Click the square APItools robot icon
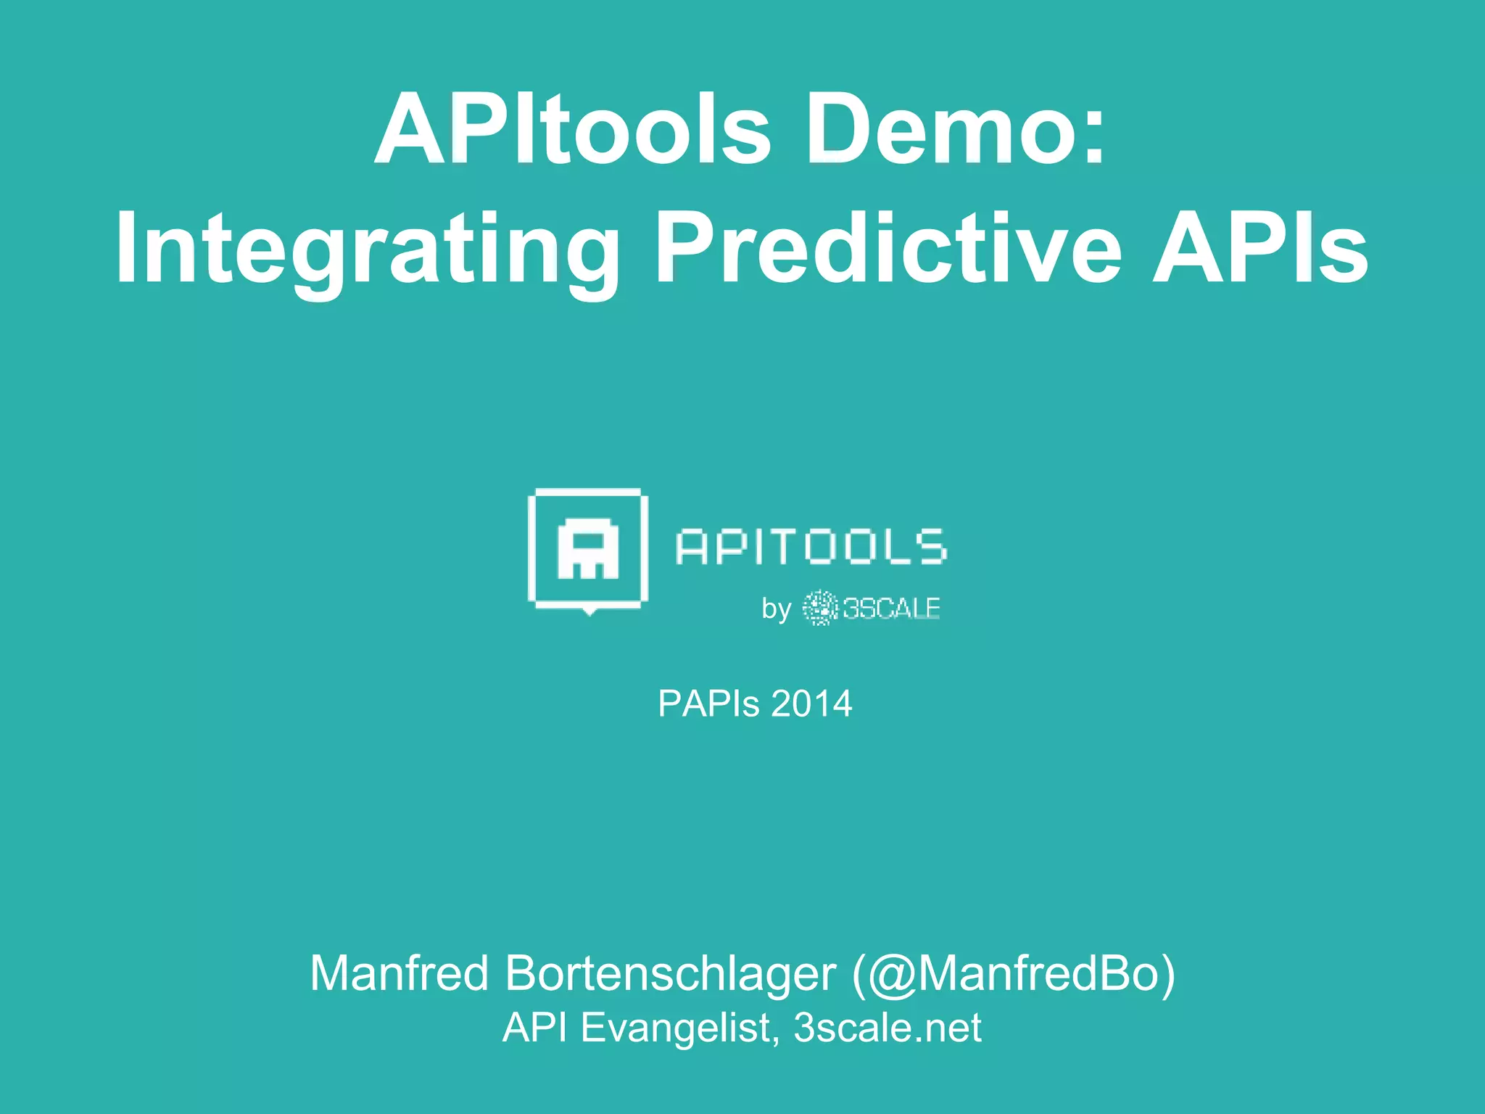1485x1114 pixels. click(x=588, y=549)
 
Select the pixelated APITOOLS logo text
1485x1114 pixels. click(x=811, y=547)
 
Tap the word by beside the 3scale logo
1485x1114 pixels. click(x=776, y=608)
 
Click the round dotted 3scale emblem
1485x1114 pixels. click(x=820, y=608)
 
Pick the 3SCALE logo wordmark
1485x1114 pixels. click(x=891, y=608)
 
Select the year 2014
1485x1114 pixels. click(x=811, y=704)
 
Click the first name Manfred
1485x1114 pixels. click(x=400, y=973)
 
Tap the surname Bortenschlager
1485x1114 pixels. click(x=671, y=973)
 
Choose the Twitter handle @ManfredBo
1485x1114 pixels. click(x=1013, y=973)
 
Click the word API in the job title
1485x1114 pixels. click(x=535, y=1028)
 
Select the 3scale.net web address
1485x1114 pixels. click(x=888, y=1028)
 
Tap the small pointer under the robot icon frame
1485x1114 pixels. click(x=590, y=611)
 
